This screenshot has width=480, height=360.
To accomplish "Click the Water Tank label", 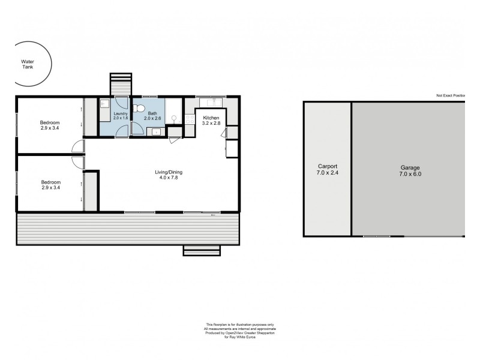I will (x=28, y=64).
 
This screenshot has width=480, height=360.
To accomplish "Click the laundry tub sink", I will (x=103, y=103).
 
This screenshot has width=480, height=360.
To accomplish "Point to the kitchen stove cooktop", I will (x=190, y=117).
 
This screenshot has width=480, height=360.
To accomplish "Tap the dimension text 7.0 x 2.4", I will (x=328, y=173).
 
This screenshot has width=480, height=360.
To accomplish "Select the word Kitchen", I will (x=211, y=118).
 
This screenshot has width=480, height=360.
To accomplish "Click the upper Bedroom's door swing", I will (x=76, y=146).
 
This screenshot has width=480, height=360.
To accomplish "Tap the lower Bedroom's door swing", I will (x=77, y=160).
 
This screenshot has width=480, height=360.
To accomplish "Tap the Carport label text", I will (x=328, y=166).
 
